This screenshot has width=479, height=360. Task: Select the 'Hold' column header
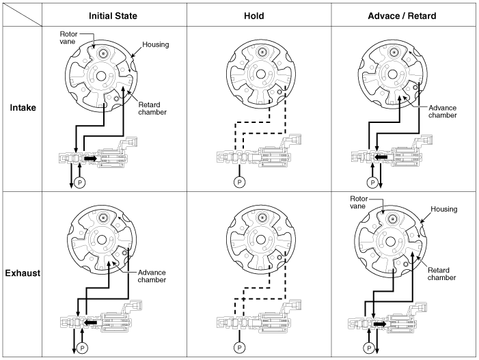[257, 14]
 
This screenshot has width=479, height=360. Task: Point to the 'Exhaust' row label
[23, 273]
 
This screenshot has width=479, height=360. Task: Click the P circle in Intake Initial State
[80, 183]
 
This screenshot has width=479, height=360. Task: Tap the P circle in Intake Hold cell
[239, 182]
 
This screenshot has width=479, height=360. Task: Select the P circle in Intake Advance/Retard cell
[372, 182]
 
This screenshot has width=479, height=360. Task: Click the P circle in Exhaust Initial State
[82, 347]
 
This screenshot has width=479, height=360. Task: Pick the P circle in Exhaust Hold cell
[238, 347]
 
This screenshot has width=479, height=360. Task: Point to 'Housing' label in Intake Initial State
[156, 44]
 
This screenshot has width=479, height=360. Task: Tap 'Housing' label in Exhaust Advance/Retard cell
[443, 209]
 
